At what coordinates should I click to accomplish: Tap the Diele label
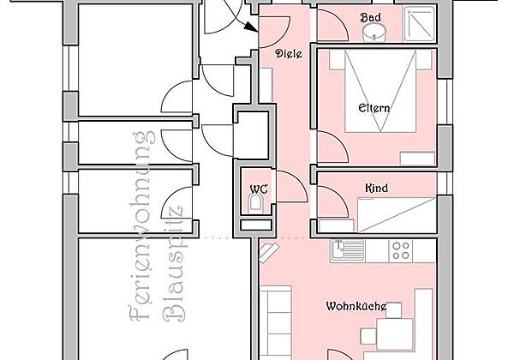pyautogui.click(x=287, y=53)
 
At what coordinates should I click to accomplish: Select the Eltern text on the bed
pyautogui.click(x=374, y=108)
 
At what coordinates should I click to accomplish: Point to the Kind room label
pyautogui.click(x=375, y=187)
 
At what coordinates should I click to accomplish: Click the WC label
pyautogui.click(x=257, y=189)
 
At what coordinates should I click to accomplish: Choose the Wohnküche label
pyautogui.click(x=356, y=306)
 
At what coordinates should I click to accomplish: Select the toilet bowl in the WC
pyautogui.click(x=256, y=204)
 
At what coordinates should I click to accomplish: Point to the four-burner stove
pyautogui.click(x=401, y=249)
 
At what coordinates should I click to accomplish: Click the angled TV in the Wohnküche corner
pyautogui.click(x=269, y=249)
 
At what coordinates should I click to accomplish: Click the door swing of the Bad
pyautogui.click(x=332, y=27)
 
